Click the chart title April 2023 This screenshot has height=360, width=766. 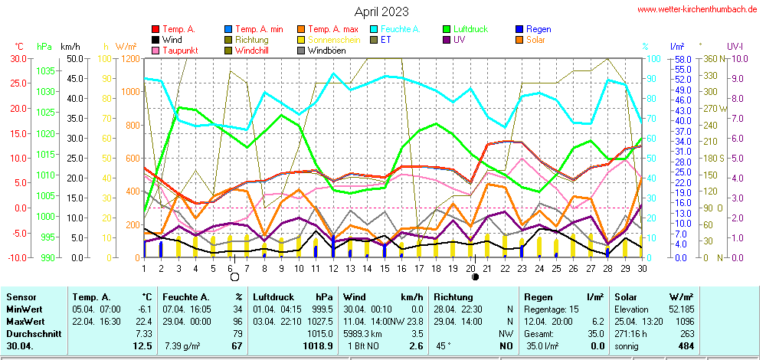click(x=381, y=11)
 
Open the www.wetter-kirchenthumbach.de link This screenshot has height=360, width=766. click(x=697, y=9)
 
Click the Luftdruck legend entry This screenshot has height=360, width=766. click(x=467, y=29)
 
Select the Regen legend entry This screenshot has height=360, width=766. click(x=538, y=29)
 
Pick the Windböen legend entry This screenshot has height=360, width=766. click(x=326, y=51)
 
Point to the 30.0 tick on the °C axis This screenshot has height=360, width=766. click(x=17, y=58)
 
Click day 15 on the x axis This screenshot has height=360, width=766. click(x=384, y=268)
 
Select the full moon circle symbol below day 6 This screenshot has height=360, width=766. click(x=234, y=277)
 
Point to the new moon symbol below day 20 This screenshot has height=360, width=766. click(x=475, y=277)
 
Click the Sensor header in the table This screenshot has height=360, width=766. click(x=21, y=296)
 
